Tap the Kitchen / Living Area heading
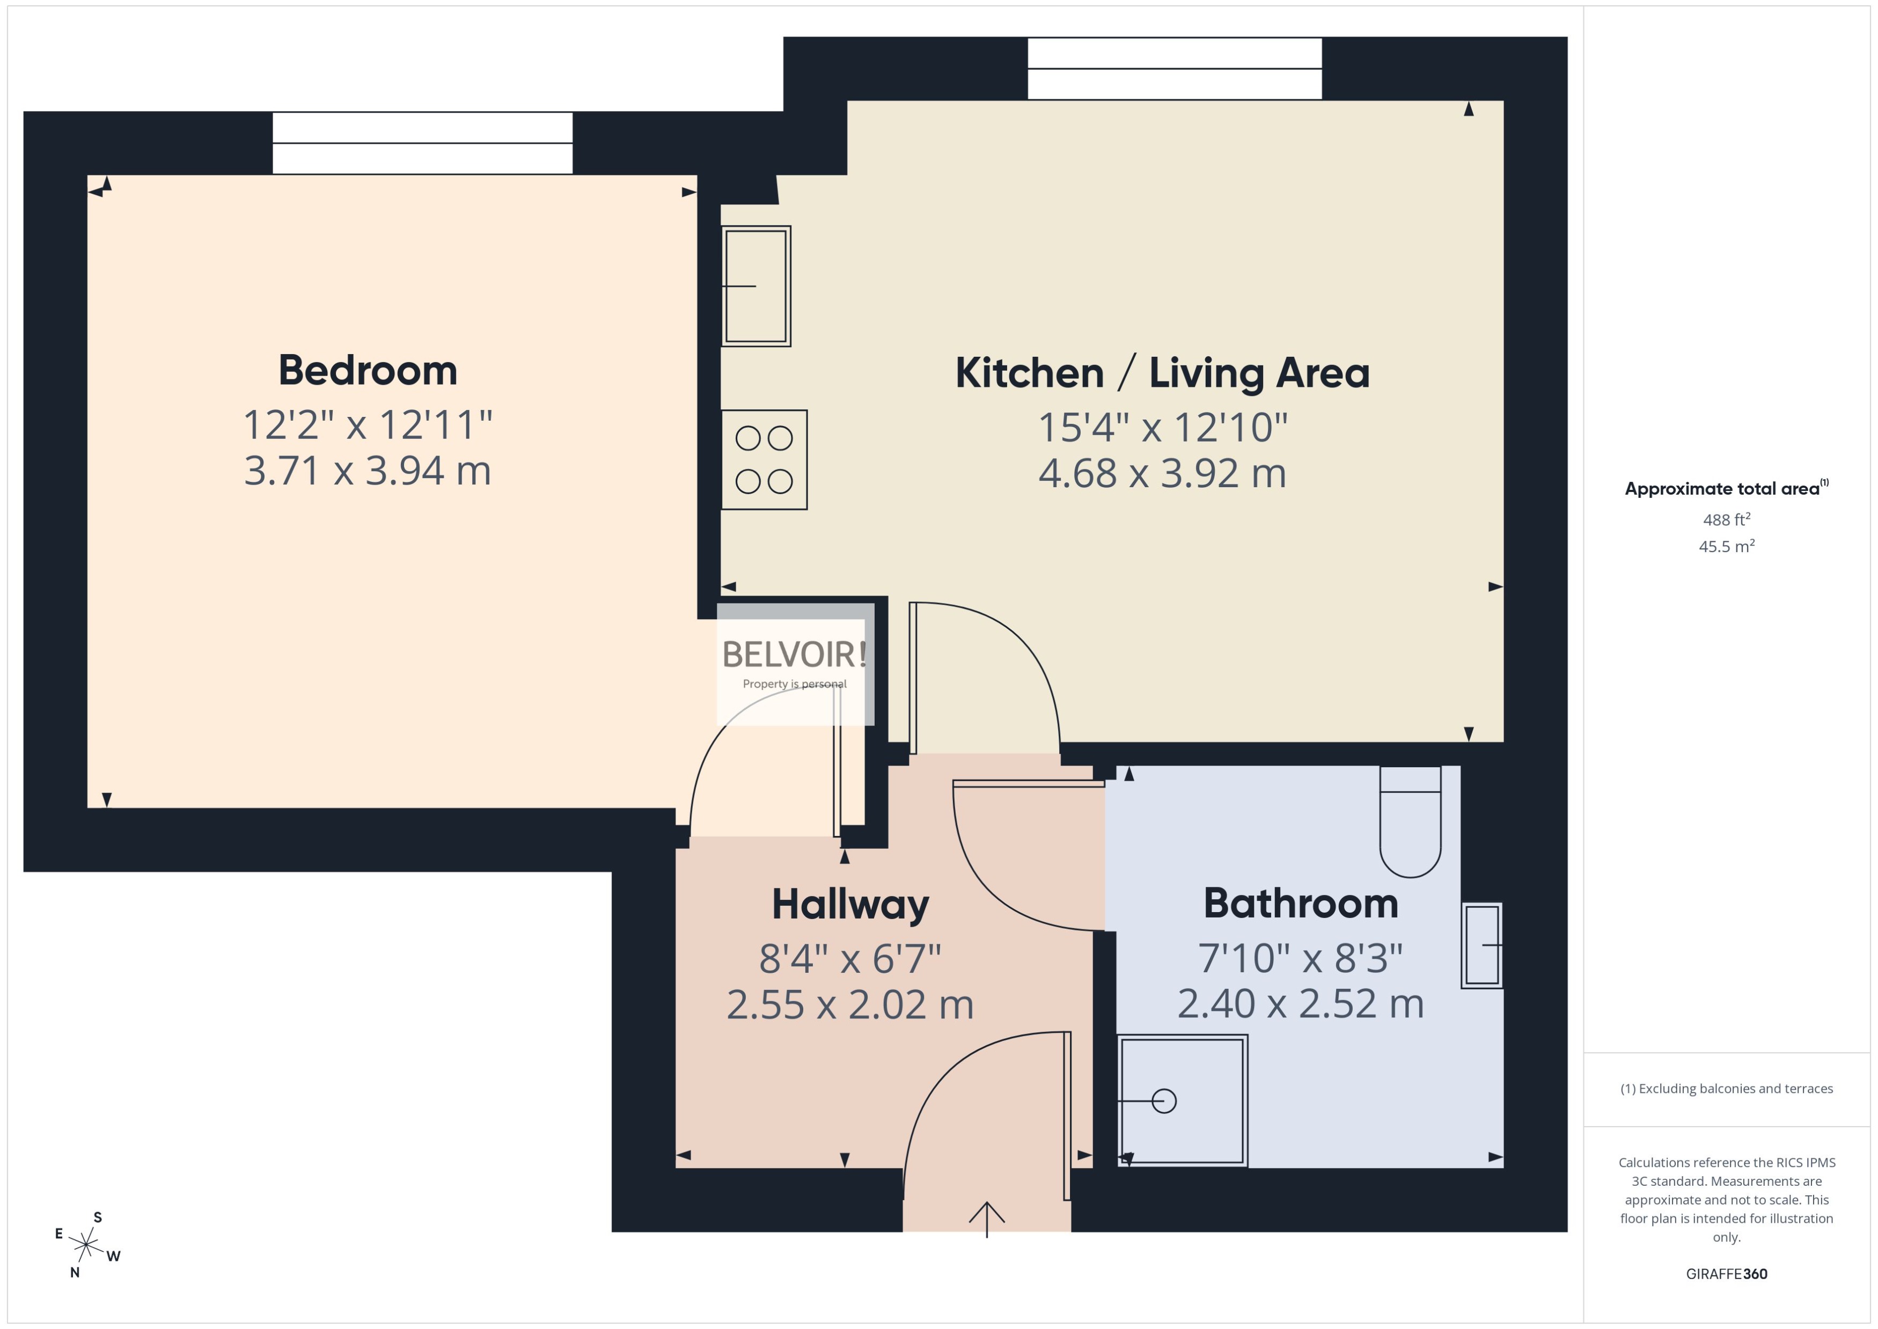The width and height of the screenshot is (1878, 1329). [x=1162, y=373]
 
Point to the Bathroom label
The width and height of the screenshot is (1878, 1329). [x=1300, y=904]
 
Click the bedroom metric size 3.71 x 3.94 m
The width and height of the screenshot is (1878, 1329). [x=368, y=471]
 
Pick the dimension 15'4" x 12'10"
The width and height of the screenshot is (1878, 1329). [x=1162, y=427]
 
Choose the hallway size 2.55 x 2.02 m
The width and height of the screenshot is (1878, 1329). [x=850, y=1005]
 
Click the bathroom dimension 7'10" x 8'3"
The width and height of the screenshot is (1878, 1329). [x=1300, y=958]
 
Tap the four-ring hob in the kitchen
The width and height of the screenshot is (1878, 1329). [x=764, y=460]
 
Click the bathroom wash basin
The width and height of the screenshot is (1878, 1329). [x=1482, y=945]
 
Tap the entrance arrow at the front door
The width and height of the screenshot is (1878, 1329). [x=987, y=1218]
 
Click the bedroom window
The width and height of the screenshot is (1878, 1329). [x=422, y=143]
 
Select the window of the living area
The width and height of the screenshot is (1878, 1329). [x=1174, y=69]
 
